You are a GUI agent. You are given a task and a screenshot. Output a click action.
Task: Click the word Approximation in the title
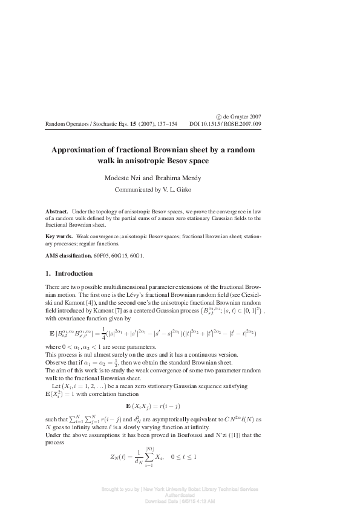pos(80,150)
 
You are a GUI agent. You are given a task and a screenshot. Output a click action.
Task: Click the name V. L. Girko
pos(192,189)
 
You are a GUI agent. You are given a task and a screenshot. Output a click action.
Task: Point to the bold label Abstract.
pos(57,212)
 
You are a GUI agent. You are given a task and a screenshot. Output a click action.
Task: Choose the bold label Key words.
pos(59,236)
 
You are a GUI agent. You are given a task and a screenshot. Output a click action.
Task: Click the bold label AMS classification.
pos(69,255)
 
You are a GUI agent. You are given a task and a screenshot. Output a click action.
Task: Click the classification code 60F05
pos(103,255)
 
